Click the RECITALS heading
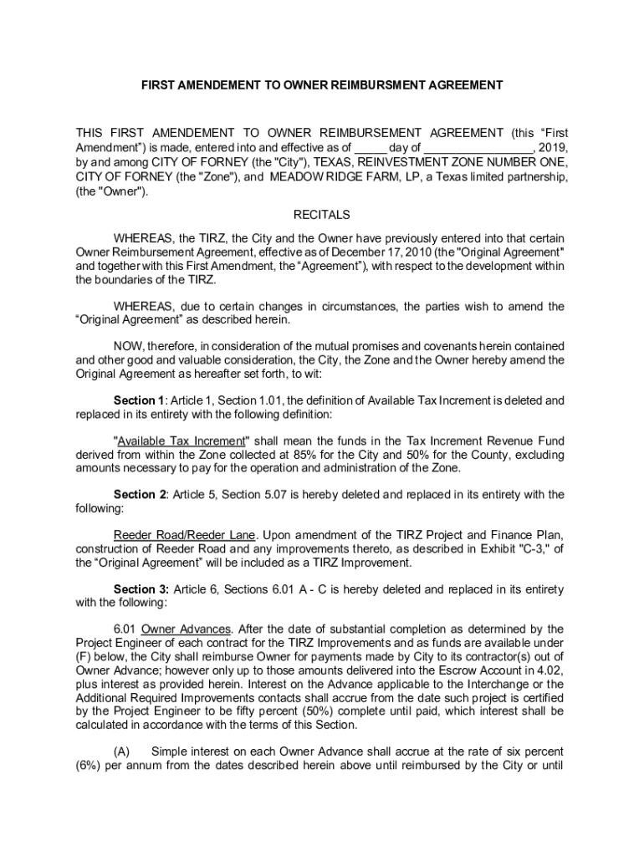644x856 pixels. click(322, 215)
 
